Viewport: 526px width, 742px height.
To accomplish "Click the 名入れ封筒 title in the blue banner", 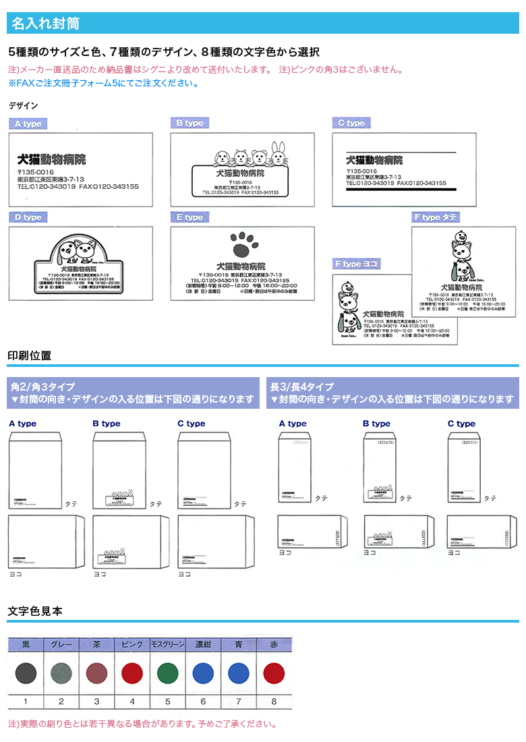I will point(45,24).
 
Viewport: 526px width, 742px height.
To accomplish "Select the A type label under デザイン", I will point(28,124).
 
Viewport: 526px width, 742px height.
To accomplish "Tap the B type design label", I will point(189,123).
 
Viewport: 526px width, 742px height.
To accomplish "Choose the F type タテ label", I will point(436,217).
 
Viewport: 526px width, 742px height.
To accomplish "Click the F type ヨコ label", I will point(357,264).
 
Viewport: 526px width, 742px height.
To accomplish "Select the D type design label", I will point(28,217).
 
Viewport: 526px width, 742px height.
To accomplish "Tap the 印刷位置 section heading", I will point(29,355).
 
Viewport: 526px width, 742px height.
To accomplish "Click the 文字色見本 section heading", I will point(35,611).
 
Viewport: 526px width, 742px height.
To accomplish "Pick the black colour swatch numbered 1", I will point(26,673).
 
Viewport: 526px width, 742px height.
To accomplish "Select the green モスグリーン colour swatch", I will point(167,673).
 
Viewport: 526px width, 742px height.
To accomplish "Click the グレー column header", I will point(61,644).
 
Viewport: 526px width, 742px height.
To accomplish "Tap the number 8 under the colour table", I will point(274,702).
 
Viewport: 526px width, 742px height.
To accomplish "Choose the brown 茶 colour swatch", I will point(96,673).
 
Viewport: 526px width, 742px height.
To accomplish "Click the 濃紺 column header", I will point(203,644).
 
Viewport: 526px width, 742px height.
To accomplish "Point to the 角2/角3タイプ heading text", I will point(42,387).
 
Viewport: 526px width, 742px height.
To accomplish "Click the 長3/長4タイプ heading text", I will point(301,387).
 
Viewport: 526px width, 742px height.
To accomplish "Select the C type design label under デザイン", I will point(351,123).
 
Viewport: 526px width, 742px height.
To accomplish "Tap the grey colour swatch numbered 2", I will point(61,673).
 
